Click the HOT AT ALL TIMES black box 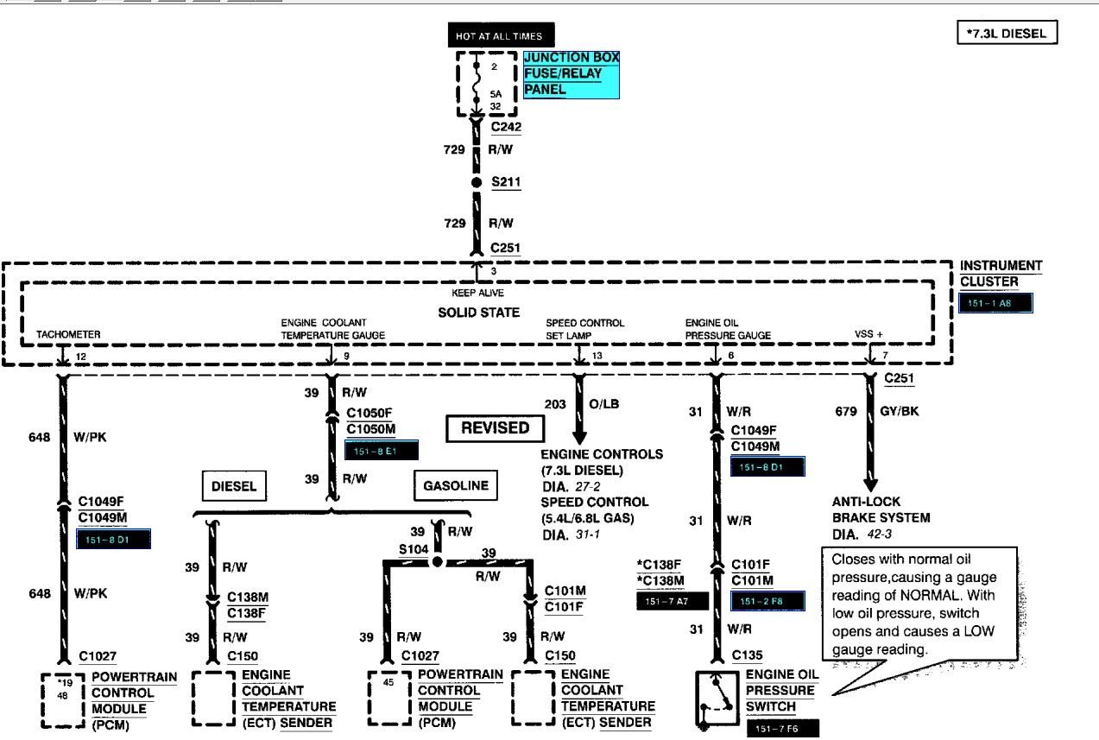tap(500, 35)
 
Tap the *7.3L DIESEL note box tap(1007, 34)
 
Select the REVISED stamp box tap(495, 427)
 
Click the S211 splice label tap(506, 183)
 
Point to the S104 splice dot tap(437, 561)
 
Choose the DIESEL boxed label tap(234, 486)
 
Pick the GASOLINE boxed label tap(455, 485)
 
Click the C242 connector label tap(506, 127)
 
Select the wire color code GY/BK tap(900, 411)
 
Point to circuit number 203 tap(555, 404)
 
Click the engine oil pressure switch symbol tap(715, 700)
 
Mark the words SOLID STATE tap(479, 312)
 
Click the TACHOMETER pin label tap(68, 334)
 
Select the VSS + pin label tap(868, 334)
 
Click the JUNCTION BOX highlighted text tap(572, 58)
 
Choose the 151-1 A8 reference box tap(995, 303)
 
